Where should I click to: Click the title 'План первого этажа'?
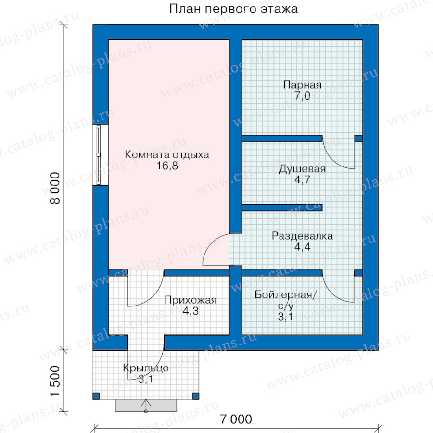[x=234, y=9]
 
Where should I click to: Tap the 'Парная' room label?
[x=303, y=85]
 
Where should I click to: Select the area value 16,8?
[x=167, y=166]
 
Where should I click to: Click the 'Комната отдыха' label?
[x=167, y=154]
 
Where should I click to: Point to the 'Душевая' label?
[x=302, y=169]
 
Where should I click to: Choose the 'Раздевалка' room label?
[x=302, y=236]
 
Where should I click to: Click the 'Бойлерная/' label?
[x=285, y=294]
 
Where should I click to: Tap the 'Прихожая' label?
[x=191, y=300]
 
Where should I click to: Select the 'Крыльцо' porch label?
[x=145, y=368]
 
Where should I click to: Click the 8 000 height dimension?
[x=55, y=188]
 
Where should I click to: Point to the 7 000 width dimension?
[x=236, y=419]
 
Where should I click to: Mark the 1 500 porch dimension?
[x=55, y=381]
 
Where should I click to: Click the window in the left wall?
[x=99, y=154]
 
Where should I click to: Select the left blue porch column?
[x=96, y=396]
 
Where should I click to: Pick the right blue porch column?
[x=195, y=396]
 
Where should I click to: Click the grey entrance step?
[x=146, y=406]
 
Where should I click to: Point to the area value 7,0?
[x=303, y=96]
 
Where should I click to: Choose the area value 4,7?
[x=303, y=180]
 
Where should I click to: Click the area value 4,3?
[x=191, y=311]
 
